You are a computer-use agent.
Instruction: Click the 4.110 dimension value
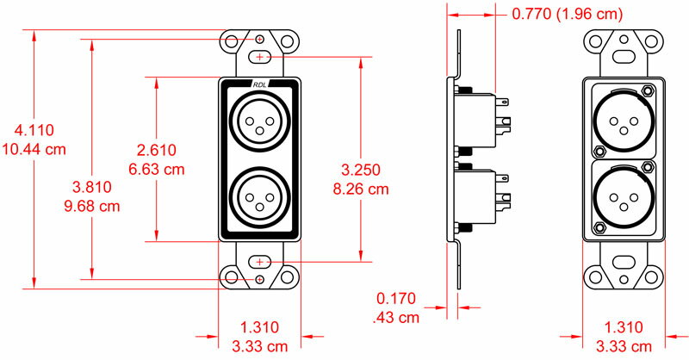pyautogui.click(x=34, y=131)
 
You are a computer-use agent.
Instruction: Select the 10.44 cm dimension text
pyautogui.click(x=34, y=149)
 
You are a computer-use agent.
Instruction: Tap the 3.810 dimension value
pyautogui.click(x=90, y=187)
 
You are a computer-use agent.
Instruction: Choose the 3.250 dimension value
pyautogui.click(x=361, y=169)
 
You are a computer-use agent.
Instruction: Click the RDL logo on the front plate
pyautogui.click(x=260, y=84)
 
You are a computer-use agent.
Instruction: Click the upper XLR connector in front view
pyautogui.click(x=260, y=120)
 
